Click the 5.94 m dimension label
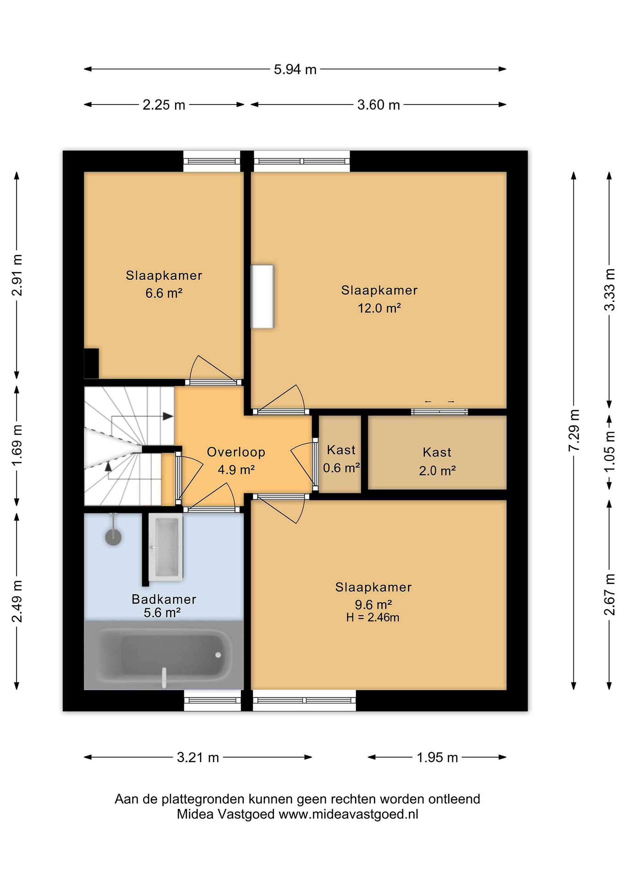295,70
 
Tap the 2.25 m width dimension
164,105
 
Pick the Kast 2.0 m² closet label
437,461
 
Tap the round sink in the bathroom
113,537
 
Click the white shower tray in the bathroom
166,547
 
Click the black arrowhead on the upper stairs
168,416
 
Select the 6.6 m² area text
164,293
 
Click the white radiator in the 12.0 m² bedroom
262,297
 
